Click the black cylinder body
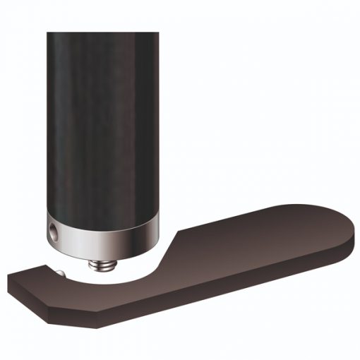point(106,120)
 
